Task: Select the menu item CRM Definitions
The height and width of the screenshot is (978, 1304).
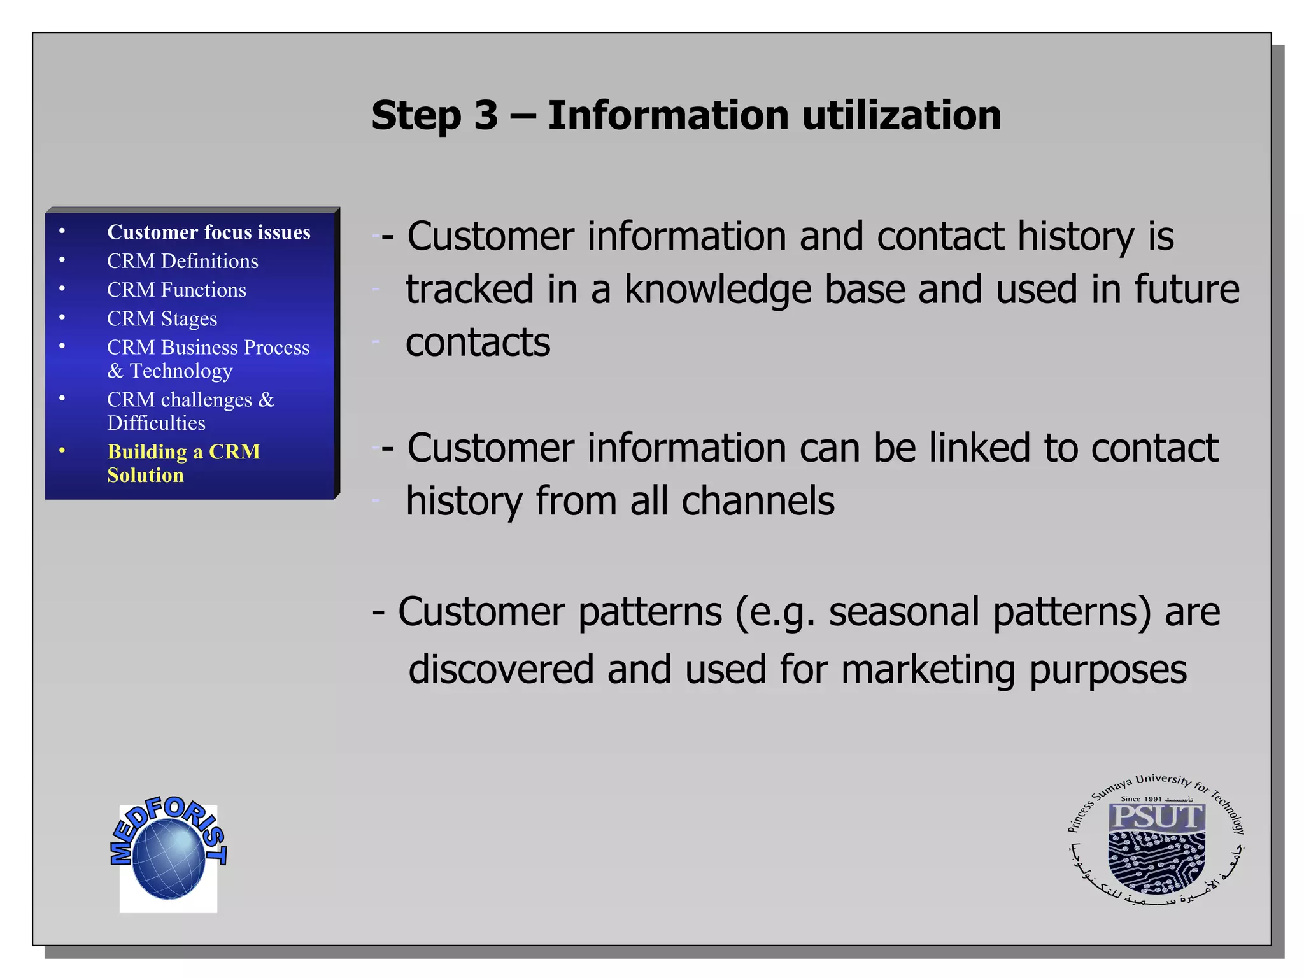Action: click(182, 261)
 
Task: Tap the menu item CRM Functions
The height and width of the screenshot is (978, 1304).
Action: click(176, 290)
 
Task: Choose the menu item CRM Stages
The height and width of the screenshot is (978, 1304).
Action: click(162, 318)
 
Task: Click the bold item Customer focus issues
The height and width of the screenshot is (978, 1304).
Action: click(208, 232)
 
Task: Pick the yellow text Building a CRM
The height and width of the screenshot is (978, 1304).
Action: click(183, 451)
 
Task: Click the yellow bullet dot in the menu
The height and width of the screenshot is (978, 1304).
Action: click(62, 451)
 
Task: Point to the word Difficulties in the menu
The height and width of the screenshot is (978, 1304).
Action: click(156, 423)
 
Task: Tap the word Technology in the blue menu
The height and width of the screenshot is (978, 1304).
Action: click(181, 371)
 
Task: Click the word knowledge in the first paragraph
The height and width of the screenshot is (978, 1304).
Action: click(717, 290)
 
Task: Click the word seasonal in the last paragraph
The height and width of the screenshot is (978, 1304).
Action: click(904, 612)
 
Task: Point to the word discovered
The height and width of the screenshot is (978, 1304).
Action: click(500, 670)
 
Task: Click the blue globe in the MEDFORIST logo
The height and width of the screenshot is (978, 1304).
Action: click(168, 858)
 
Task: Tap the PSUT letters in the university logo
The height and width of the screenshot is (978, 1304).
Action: click(1156, 817)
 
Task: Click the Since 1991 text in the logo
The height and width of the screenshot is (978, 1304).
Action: click(1141, 798)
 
